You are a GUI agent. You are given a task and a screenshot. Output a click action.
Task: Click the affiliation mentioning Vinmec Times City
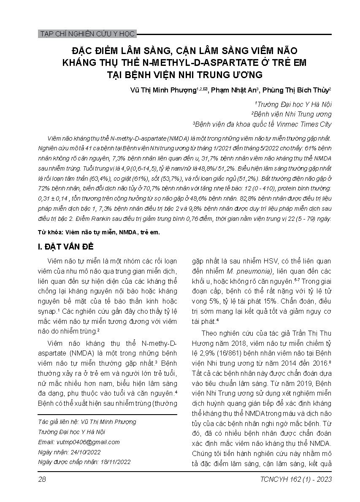click(263, 124)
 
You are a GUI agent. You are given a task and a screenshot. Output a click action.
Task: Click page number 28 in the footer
click(42, 479)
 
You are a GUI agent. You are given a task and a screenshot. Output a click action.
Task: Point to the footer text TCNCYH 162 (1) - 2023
click(297, 479)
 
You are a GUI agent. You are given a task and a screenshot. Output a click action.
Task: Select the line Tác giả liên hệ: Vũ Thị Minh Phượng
click(87, 421)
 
